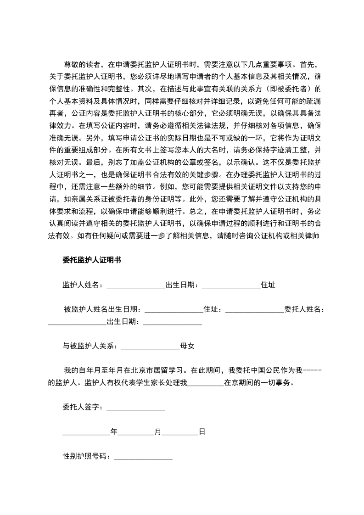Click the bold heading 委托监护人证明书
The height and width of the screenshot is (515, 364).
92,260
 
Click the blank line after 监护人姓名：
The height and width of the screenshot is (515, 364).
135,285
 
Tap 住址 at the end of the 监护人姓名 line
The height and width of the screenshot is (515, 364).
268,285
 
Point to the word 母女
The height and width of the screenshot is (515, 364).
187,346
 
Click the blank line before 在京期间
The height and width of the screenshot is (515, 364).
206,382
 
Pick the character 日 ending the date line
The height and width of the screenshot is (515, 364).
202,431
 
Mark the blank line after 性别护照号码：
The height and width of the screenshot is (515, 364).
143,456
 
